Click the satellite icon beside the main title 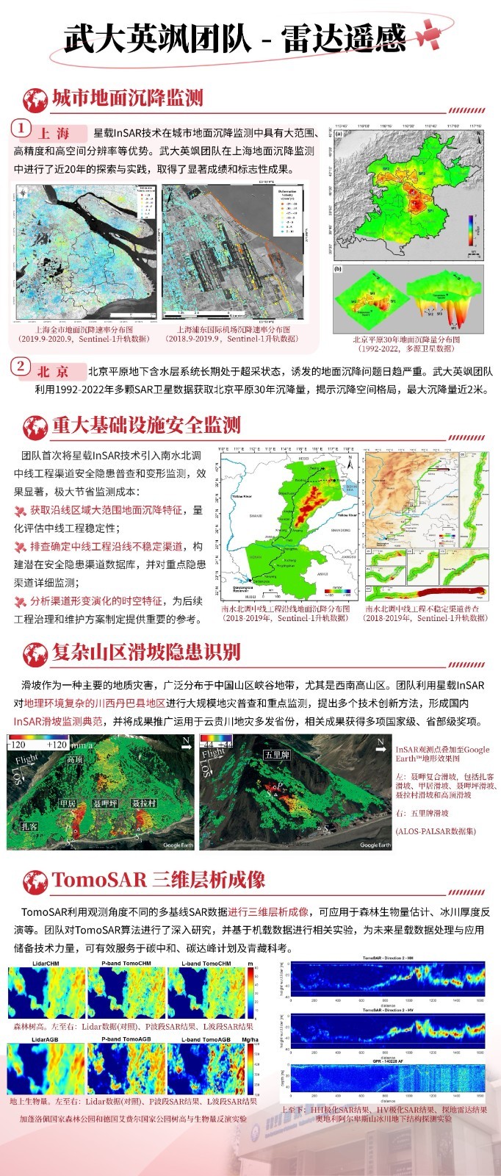428,33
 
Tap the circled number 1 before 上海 22,129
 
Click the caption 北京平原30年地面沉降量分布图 406,340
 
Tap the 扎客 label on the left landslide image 29,827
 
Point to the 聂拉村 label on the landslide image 144,804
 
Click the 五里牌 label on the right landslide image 278,755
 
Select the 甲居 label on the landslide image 68,804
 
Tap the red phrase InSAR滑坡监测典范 59,721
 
